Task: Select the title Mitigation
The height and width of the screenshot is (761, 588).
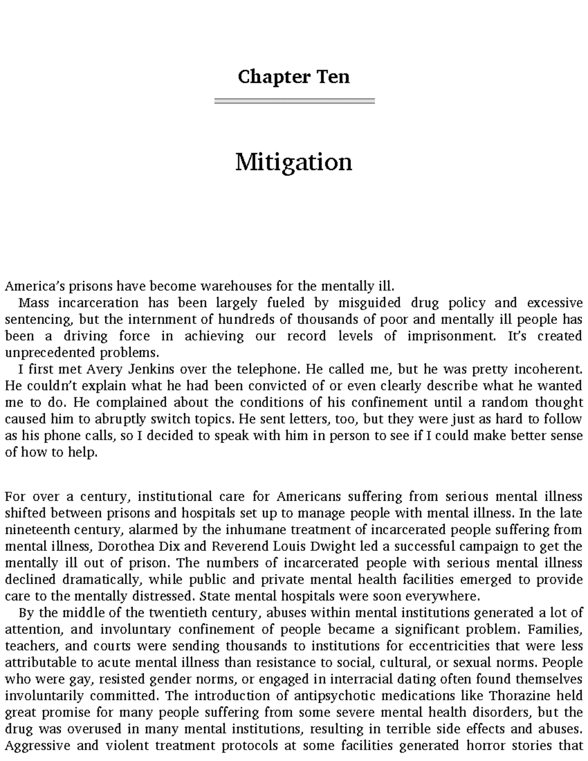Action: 294,162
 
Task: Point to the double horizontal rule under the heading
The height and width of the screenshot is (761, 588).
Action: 294,101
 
